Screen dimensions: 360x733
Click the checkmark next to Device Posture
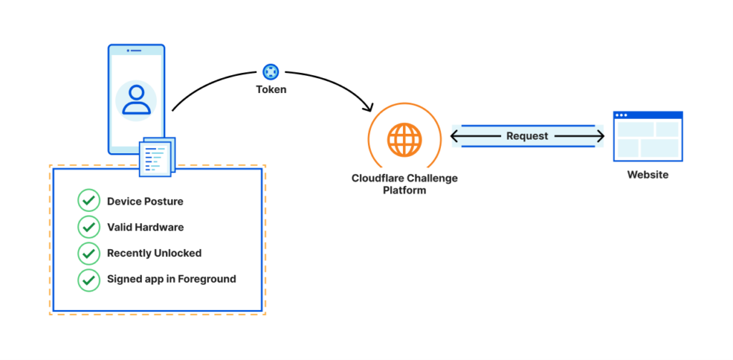point(88,201)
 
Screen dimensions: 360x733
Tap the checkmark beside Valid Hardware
point(88,227)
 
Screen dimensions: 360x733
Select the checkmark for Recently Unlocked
point(88,253)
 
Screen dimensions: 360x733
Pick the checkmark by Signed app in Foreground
point(88,278)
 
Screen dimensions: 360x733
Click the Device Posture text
point(145,201)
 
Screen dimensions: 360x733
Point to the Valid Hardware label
point(145,227)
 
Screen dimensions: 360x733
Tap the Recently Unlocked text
point(154,253)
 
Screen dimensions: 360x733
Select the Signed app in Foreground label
point(171,278)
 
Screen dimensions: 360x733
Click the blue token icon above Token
point(271,72)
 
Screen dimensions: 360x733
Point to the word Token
point(271,90)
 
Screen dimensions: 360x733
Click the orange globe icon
point(404,139)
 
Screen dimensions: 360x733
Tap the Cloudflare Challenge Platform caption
point(404,184)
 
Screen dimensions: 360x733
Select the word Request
point(527,136)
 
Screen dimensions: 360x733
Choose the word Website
point(648,175)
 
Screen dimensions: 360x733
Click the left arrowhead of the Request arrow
point(455,136)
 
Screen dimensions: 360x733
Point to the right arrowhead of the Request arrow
point(600,136)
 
